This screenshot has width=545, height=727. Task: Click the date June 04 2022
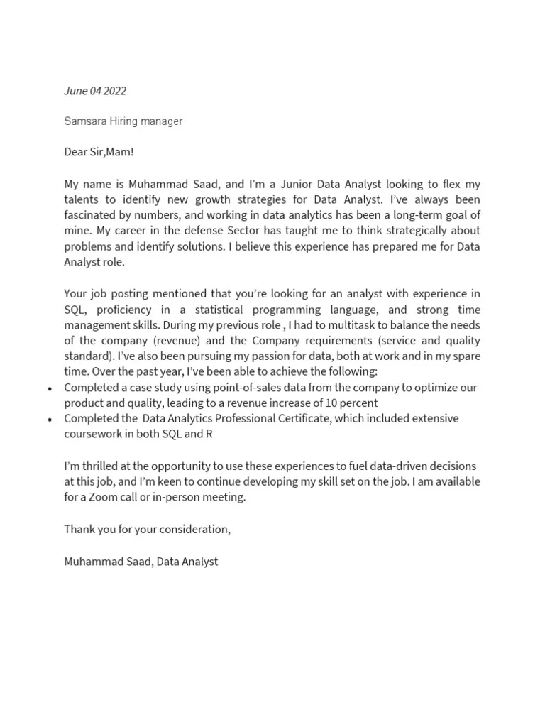click(x=95, y=91)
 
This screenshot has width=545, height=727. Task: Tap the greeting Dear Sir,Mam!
click(x=99, y=152)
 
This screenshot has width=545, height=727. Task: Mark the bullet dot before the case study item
click(x=49, y=389)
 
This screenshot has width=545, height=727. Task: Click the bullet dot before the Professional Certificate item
click(x=49, y=420)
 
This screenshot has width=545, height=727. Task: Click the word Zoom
click(x=109, y=497)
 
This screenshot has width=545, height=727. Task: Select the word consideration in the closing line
click(x=193, y=529)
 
